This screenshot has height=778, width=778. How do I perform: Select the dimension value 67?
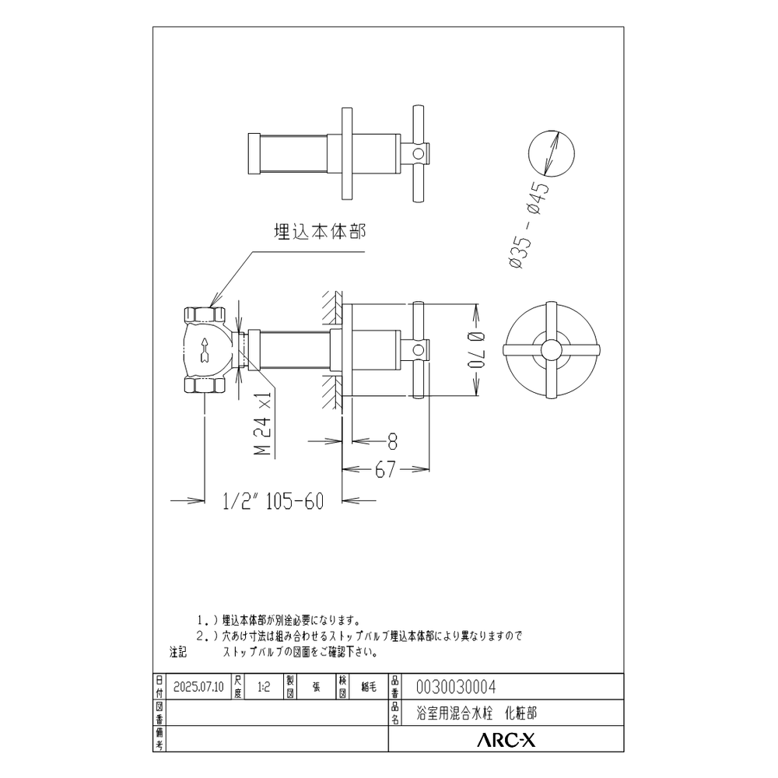[x=386, y=468]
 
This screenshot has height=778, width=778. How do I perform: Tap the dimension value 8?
[x=392, y=441]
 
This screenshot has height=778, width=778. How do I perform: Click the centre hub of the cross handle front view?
[x=552, y=348]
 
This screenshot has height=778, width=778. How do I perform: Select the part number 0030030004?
[x=457, y=686]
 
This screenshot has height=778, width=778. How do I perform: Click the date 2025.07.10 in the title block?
[x=198, y=687]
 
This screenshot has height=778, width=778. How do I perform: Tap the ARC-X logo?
[x=505, y=741]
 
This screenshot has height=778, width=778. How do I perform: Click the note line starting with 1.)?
[x=280, y=620]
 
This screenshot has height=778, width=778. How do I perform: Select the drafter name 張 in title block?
[x=316, y=687]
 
